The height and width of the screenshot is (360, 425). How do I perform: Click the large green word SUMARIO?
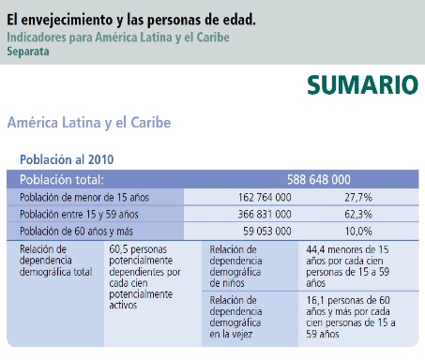point(362,85)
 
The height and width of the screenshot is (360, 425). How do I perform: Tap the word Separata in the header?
point(28,52)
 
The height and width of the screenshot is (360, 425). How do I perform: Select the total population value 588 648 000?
point(319,180)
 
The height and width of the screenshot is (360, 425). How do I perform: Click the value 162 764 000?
point(265,198)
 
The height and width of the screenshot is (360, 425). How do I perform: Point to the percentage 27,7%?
point(358,198)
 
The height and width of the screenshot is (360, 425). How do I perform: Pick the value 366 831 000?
point(265,215)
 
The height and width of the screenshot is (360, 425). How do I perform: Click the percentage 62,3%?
point(358,215)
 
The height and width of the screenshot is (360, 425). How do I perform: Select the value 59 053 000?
point(267,232)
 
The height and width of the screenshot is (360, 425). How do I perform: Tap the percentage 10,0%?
point(358,232)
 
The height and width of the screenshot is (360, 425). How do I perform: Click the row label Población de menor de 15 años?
point(84,198)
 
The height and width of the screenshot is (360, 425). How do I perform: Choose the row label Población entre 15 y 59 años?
point(79,215)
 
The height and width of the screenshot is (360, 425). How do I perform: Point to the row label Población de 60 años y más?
point(76,232)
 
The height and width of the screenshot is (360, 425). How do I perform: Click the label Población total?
point(62,180)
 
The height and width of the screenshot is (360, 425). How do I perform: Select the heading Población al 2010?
point(67,159)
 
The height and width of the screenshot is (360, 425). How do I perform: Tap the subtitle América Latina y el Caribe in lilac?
point(89,123)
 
